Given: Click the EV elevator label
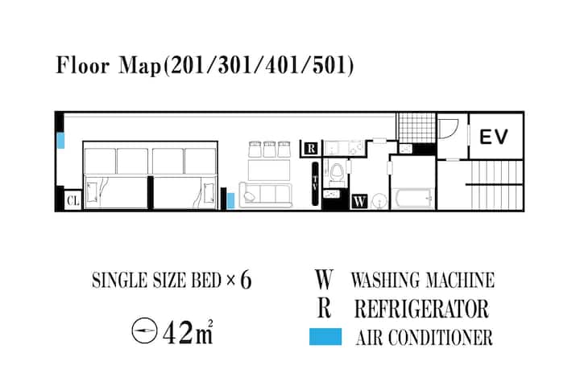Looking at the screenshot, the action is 494,136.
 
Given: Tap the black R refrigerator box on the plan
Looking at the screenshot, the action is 311,149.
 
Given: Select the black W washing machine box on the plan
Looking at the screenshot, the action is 359,201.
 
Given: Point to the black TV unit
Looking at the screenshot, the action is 315,183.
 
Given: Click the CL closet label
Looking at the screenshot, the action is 72,201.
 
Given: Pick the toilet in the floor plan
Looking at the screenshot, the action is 336,173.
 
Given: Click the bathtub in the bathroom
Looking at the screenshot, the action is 412,199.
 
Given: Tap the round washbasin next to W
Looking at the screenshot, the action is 379,201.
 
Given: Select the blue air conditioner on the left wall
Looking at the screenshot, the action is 61,141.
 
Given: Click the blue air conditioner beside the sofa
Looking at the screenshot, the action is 230,200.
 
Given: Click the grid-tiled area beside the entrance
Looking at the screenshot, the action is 416,127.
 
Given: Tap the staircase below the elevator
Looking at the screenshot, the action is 495,184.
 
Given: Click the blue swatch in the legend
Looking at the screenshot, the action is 325,336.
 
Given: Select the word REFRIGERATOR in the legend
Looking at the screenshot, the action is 421,309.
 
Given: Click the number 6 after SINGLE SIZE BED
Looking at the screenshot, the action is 246,280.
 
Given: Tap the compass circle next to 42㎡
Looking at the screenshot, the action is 145,331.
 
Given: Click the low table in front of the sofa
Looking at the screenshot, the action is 269,170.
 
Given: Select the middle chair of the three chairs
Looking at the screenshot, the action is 269,150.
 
